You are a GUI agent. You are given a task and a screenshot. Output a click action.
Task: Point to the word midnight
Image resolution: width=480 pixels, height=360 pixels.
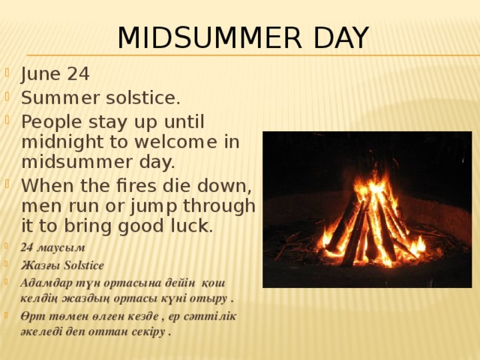(x=58, y=142)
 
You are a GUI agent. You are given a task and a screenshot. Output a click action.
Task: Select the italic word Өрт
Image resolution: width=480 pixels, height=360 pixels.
(x=34, y=316)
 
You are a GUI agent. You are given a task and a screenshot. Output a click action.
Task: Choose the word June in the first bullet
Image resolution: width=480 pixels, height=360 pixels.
(x=40, y=74)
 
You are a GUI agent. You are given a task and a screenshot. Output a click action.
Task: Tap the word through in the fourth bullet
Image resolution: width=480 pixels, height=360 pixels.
(x=221, y=205)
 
